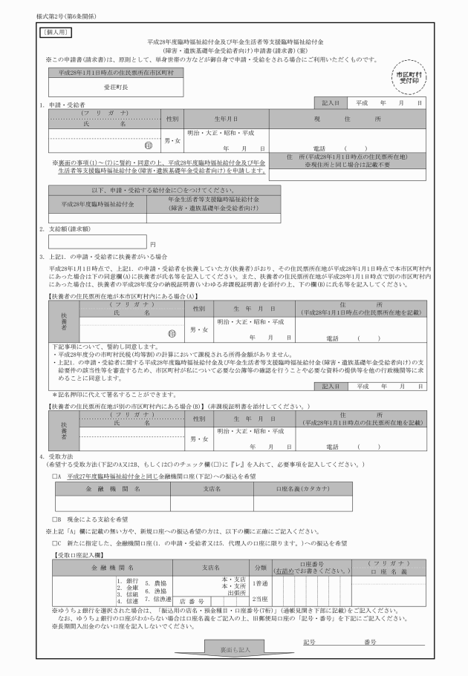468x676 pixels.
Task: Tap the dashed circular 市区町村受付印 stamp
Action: coord(410,78)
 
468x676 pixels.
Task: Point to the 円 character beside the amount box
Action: coord(152,243)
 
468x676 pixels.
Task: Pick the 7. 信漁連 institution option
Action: coord(157,598)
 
